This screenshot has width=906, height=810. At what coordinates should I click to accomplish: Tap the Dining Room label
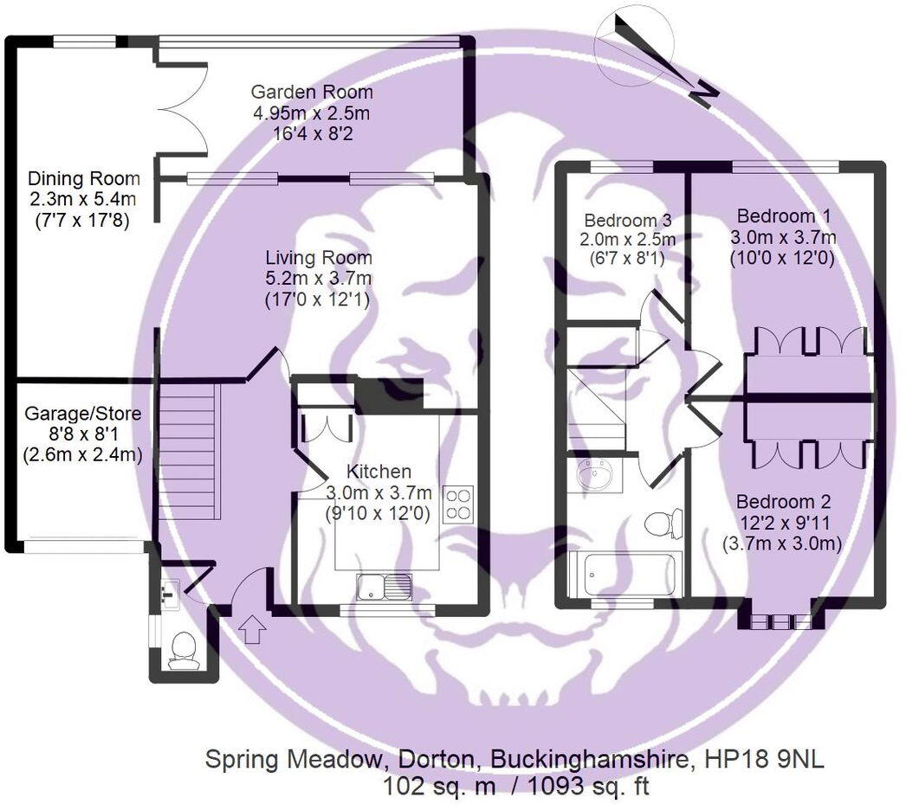tap(84, 179)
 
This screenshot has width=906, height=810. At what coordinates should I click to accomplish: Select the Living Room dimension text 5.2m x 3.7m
tap(318, 280)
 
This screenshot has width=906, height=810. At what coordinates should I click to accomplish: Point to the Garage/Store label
tap(81, 414)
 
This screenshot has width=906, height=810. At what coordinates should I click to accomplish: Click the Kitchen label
tap(379, 472)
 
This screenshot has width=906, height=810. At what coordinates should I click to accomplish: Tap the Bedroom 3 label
tap(627, 220)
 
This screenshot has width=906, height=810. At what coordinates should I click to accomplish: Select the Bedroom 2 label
tap(783, 501)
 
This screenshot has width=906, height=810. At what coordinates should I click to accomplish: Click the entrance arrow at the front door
tap(253, 629)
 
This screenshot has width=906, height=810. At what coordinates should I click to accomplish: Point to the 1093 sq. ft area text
tap(582, 786)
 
